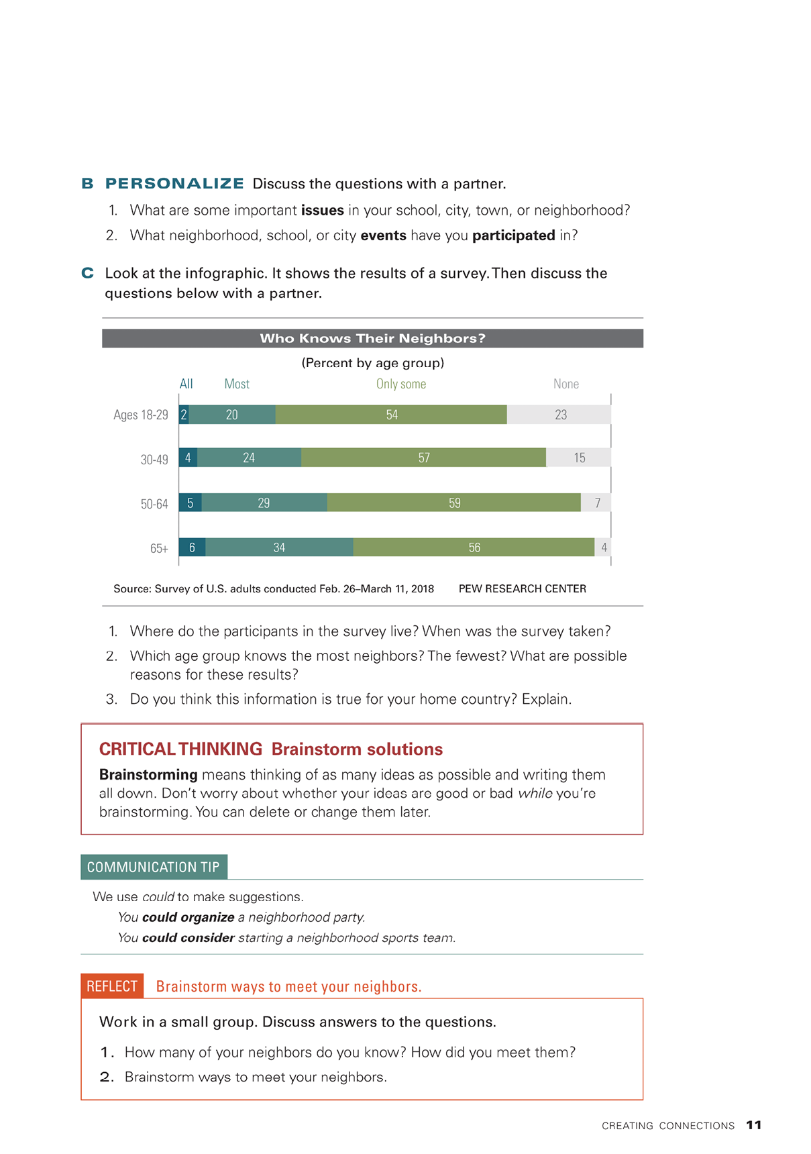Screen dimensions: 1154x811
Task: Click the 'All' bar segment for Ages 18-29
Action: [x=184, y=415]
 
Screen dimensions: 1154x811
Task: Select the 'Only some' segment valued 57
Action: [x=423, y=458]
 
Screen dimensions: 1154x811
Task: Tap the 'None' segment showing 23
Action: [x=559, y=415]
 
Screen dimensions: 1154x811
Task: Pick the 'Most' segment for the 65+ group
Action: [x=279, y=547]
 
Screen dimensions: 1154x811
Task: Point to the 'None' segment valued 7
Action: [x=596, y=503]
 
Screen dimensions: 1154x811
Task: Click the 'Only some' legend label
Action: [x=400, y=384]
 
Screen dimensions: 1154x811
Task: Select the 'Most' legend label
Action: [x=237, y=384]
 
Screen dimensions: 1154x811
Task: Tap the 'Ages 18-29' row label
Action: [x=141, y=415]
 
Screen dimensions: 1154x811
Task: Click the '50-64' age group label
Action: [x=154, y=504]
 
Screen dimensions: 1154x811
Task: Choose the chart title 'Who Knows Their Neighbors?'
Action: [x=372, y=338]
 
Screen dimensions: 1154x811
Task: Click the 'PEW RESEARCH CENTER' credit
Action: [x=522, y=588]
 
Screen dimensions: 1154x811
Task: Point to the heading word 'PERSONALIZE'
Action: [x=174, y=184]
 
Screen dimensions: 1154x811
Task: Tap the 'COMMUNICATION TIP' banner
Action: [x=154, y=867]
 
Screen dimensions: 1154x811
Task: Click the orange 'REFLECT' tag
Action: [x=112, y=986]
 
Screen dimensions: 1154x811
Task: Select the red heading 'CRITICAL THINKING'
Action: [x=180, y=749]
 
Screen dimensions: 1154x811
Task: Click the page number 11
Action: [x=754, y=1125]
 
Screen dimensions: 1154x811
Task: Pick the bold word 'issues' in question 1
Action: [x=322, y=210]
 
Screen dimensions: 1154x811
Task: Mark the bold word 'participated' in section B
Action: [x=513, y=235]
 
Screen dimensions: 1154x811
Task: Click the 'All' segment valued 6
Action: [x=192, y=547]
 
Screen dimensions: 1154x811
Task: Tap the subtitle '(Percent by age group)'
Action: [x=372, y=363]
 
